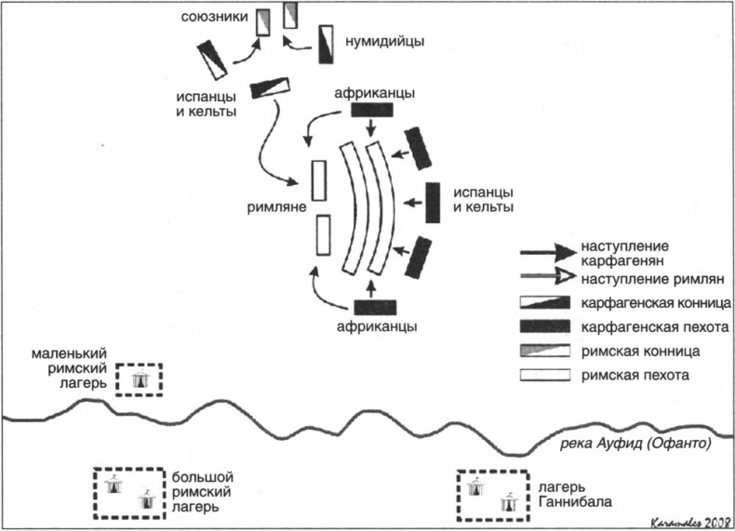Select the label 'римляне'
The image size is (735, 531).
[277, 209]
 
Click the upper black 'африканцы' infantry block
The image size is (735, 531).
[372, 111]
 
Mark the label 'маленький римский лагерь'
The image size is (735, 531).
[67, 369]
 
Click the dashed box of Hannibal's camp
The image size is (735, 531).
[492, 495]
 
